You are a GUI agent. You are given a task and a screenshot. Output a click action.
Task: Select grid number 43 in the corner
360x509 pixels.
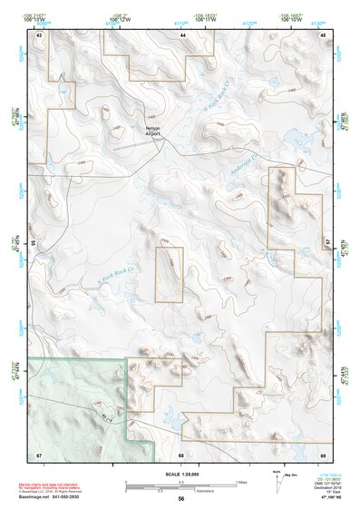(x=39, y=34)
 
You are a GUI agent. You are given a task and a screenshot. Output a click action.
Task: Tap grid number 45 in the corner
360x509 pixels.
(x=324, y=34)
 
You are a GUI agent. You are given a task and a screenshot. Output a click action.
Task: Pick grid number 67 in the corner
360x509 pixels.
(x=39, y=454)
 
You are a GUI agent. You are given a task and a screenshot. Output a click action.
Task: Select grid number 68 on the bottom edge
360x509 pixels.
(x=181, y=454)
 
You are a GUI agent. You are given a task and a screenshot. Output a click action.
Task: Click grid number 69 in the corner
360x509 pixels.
(x=324, y=454)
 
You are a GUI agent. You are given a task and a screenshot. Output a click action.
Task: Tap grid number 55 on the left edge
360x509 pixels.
(x=34, y=243)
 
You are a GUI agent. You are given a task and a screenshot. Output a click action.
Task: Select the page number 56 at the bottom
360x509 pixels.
(x=181, y=498)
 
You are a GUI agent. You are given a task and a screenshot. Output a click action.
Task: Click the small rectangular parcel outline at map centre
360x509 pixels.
(x=170, y=274)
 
